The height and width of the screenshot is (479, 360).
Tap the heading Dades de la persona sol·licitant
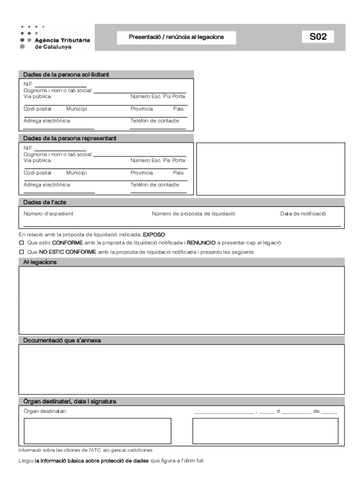point(66,74)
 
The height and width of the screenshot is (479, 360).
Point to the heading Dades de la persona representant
point(70,138)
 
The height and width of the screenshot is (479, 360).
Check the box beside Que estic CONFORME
point(21,243)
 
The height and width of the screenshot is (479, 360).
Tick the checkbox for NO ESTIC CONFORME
point(21,252)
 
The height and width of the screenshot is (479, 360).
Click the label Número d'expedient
point(48,214)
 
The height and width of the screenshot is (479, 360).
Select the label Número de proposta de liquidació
point(193,214)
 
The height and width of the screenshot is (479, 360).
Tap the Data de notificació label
point(303,214)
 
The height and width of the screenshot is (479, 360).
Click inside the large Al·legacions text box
point(181,300)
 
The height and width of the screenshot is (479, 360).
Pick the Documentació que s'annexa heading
point(62,341)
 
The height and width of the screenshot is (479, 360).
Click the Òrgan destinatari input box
point(97,430)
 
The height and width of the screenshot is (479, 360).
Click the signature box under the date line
point(265,430)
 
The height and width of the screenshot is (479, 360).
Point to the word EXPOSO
point(154,234)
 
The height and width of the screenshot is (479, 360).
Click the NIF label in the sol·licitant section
point(28,83)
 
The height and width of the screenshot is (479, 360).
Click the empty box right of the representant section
point(271,169)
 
